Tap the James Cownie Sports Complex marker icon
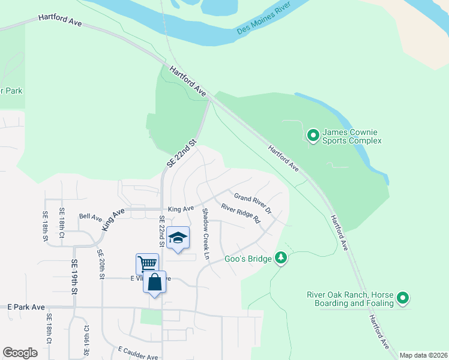313,136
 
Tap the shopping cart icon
147,263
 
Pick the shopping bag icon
154,281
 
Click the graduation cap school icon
178,238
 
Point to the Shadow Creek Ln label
206,233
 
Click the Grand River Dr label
253,204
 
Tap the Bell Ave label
91,216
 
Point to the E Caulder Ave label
137,353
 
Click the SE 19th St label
74,276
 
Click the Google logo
20,353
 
